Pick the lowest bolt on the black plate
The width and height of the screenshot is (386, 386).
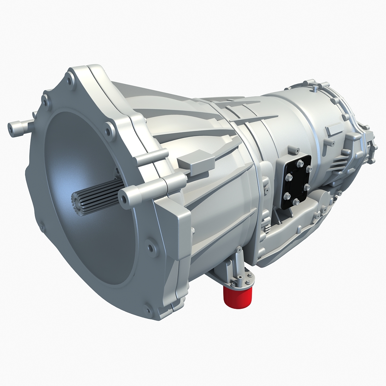point(296,202)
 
